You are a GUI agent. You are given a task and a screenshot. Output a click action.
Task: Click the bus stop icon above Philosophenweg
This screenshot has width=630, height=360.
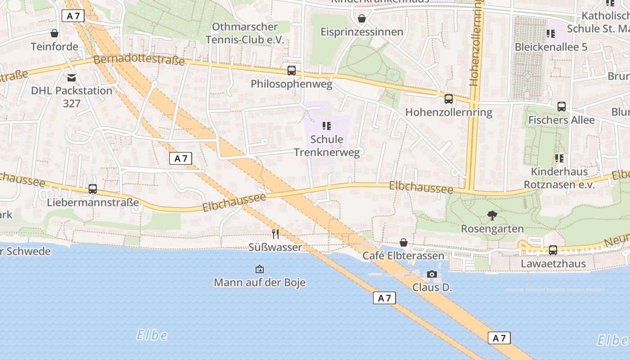pos(292,71)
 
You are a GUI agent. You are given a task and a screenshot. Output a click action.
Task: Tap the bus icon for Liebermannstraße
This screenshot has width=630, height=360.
pos(93,189)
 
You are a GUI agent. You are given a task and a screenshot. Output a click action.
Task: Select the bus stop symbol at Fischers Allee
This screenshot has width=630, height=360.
pos(562,107)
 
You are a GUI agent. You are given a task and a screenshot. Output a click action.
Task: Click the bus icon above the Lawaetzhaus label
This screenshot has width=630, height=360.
pos(553,250)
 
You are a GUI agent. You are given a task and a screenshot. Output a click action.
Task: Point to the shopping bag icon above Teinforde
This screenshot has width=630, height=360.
pos(54,33)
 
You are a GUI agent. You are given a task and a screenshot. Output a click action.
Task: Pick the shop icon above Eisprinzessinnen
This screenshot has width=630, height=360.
pos(361,18)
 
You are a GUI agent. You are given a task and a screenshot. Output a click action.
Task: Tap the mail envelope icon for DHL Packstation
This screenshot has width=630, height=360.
pos(72,78)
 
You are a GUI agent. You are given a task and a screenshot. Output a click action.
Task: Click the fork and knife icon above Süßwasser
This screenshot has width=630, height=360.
pos(275,234)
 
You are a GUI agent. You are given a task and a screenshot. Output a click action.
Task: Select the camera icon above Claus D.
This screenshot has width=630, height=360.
pos(432,274)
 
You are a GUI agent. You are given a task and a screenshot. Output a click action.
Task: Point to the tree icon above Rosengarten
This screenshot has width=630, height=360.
pos(492,216)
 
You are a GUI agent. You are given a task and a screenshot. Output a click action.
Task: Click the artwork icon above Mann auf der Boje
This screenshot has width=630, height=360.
pos(260,269)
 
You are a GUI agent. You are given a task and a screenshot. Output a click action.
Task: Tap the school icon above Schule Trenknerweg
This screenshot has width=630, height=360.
pos(327,126)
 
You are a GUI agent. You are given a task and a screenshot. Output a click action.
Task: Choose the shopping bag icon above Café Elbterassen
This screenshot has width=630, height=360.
pos(404,243)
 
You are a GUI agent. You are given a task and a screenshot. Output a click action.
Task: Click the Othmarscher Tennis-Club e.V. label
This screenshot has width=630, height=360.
pos(245,33)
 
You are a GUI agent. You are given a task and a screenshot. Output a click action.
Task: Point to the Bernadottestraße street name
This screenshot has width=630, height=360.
pos(139,60)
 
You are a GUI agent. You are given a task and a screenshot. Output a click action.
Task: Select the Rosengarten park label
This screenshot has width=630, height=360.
pos(492,229)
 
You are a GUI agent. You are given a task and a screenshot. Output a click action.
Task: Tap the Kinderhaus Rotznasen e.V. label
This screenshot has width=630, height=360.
pos(559,178)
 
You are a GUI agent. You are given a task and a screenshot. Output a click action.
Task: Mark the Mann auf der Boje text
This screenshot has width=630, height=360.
pos(260,283)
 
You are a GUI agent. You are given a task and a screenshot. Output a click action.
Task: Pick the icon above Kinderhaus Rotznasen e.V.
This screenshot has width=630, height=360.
pos(559,158)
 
